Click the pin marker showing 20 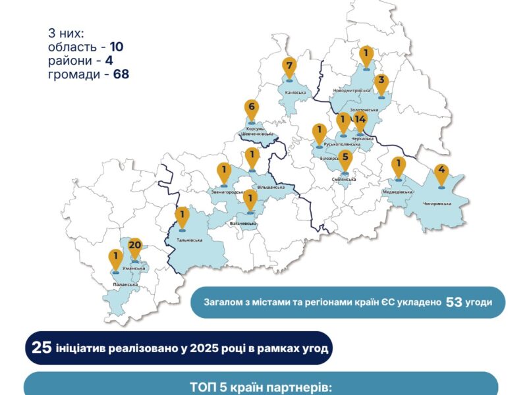tap(135, 248)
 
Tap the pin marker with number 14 tap(360, 120)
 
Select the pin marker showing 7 tap(288, 67)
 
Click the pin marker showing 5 tap(345, 159)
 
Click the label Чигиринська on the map tap(442, 203)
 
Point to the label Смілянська tap(344, 179)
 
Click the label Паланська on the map tap(125, 284)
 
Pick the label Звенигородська tap(224, 191)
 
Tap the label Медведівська tap(397, 192)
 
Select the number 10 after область tap(116, 47)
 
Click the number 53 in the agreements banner tap(455, 302)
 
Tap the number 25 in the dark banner tap(42, 348)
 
